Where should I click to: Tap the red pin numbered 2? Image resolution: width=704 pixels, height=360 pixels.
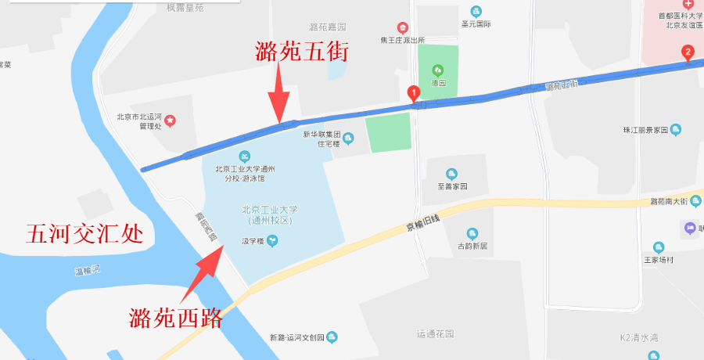click(688, 53)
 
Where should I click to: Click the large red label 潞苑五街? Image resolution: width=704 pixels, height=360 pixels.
click(301, 52)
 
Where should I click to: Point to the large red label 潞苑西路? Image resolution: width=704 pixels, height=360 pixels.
click(177, 318)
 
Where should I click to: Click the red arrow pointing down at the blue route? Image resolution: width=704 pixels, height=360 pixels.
click(279, 93)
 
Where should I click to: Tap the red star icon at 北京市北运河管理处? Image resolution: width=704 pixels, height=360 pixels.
click(169, 121)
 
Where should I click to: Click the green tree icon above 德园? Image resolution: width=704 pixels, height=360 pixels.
click(437, 70)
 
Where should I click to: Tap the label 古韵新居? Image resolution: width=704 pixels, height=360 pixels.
click(472, 246)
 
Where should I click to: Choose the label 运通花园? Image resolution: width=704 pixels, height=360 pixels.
click(436, 334)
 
